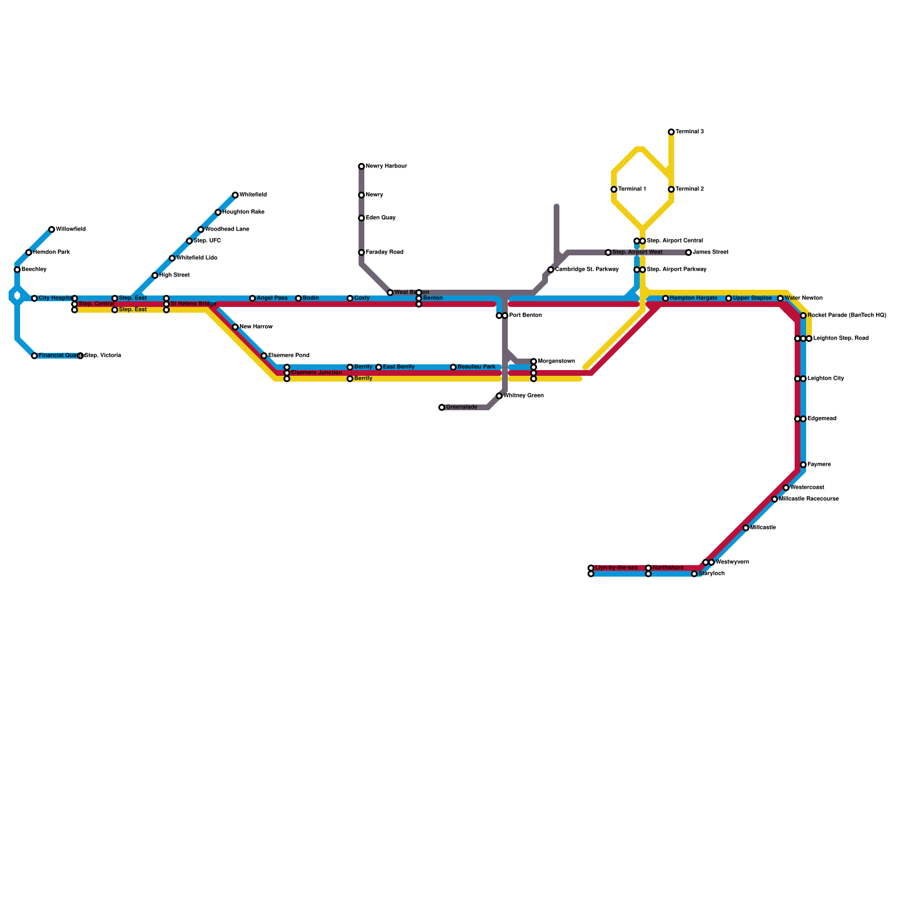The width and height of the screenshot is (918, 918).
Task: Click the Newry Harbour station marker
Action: pyautogui.click(x=361, y=166)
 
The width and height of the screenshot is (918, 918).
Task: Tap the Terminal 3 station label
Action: pyautogui.click(x=689, y=132)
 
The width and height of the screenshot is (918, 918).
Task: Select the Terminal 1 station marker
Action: pyautogui.click(x=614, y=189)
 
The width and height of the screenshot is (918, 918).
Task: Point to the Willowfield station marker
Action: pyautogui.click(x=52, y=229)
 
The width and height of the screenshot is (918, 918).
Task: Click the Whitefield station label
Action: pyautogui.click(x=252, y=195)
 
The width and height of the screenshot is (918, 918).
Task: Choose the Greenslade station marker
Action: pyautogui.click(x=442, y=407)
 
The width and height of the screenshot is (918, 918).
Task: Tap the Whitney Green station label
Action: pyautogui.click(x=523, y=396)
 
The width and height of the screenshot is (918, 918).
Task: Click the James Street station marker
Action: pyautogui.click(x=688, y=252)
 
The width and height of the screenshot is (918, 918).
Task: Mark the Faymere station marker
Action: pyautogui.click(x=803, y=465)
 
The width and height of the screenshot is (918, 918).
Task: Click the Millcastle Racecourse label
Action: pyautogui.click(x=808, y=499)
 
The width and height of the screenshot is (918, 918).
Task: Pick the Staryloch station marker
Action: pyautogui.click(x=694, y=574)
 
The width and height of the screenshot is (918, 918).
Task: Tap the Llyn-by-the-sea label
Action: pyautogui.click(x=616, y=568)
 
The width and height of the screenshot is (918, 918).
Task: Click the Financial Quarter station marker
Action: pyautogui.click(x=34, y=356)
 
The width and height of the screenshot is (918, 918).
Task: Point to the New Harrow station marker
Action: pyautogui.click(x=235, y=327)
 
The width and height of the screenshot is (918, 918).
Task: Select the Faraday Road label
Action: pyautogui.click(x=384, y=252)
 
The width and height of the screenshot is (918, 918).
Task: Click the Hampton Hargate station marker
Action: pyautogui.click(x=666, y=298)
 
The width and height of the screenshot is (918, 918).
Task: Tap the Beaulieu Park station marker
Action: pyautogui.click(x=453, y=367)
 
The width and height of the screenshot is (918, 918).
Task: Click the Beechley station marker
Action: pyautogui.click(x=17, y=270)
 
